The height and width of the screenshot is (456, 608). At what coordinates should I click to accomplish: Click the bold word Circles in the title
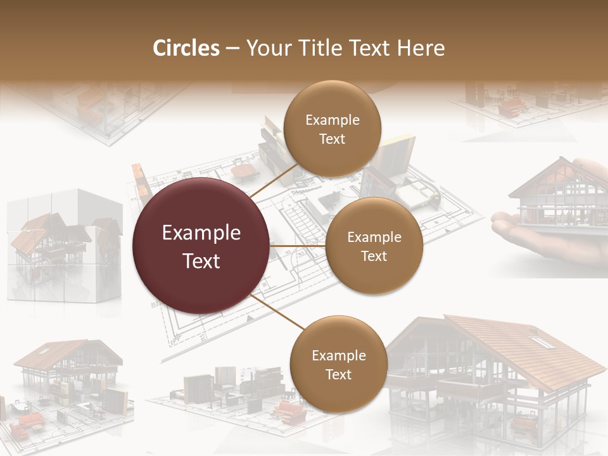[186, 48]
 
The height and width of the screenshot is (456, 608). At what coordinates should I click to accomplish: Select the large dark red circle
[201, 246]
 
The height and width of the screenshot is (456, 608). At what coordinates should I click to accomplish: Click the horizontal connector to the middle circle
[298, 245]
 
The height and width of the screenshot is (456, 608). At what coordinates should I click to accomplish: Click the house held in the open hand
[557, 196]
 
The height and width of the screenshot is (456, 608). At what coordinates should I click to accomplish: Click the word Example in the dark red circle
[201, 233]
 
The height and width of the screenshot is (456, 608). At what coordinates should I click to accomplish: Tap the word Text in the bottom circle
[338, 375]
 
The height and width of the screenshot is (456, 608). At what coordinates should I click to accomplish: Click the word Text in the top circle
[332, 139]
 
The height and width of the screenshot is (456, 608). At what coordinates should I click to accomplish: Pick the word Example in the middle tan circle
[374, 237]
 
